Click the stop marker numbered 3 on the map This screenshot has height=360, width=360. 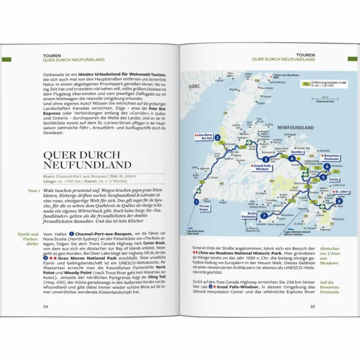coord(266,159)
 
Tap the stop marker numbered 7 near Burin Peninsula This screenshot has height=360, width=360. coord(264,216)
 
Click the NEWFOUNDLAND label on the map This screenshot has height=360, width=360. coord(295,128)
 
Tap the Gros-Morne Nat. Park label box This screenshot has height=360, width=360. coord(203,137)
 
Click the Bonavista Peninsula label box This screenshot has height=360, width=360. coord(330,157)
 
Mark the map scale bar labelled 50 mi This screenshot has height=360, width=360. coord(317,98)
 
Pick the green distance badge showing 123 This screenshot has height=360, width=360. coord(281,201)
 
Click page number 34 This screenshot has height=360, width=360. coord(46,307)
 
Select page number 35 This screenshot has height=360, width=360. coord(312,307)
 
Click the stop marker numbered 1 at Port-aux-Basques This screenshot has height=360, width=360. coord(196,201)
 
